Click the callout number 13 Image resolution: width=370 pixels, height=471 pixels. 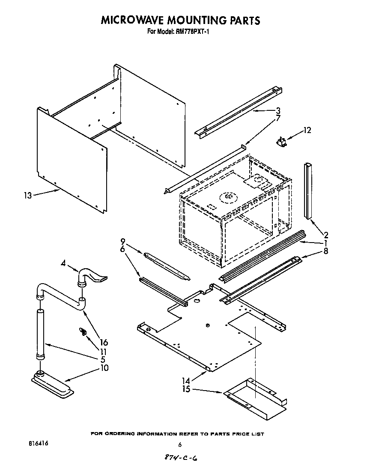point(27,196)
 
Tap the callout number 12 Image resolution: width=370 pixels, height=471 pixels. point(307,130)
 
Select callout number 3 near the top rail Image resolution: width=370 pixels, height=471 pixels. point(278,110)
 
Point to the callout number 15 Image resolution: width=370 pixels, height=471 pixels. point(185,389)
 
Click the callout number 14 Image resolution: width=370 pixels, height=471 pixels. point(185,380)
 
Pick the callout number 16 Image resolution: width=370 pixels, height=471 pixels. point(103,342)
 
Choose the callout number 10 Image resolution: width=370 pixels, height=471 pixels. point(103,367)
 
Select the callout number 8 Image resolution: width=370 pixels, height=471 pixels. point(326,252)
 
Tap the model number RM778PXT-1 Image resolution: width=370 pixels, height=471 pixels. point(192,31)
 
